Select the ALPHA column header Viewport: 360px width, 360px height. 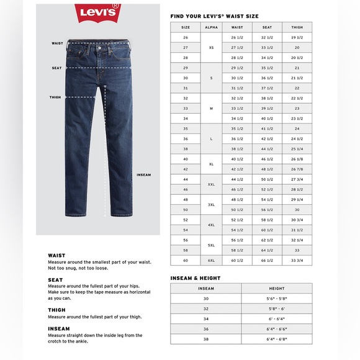coord(211,27)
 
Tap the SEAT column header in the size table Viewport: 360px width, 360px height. coord(268,27)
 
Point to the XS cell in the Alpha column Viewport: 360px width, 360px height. coord(211,47)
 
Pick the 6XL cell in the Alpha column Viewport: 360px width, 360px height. coord(211,259)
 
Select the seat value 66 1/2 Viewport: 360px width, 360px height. coord(268,259)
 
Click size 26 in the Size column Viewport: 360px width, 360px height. coord(185,38)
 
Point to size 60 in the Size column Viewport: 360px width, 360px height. coord(185,259)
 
